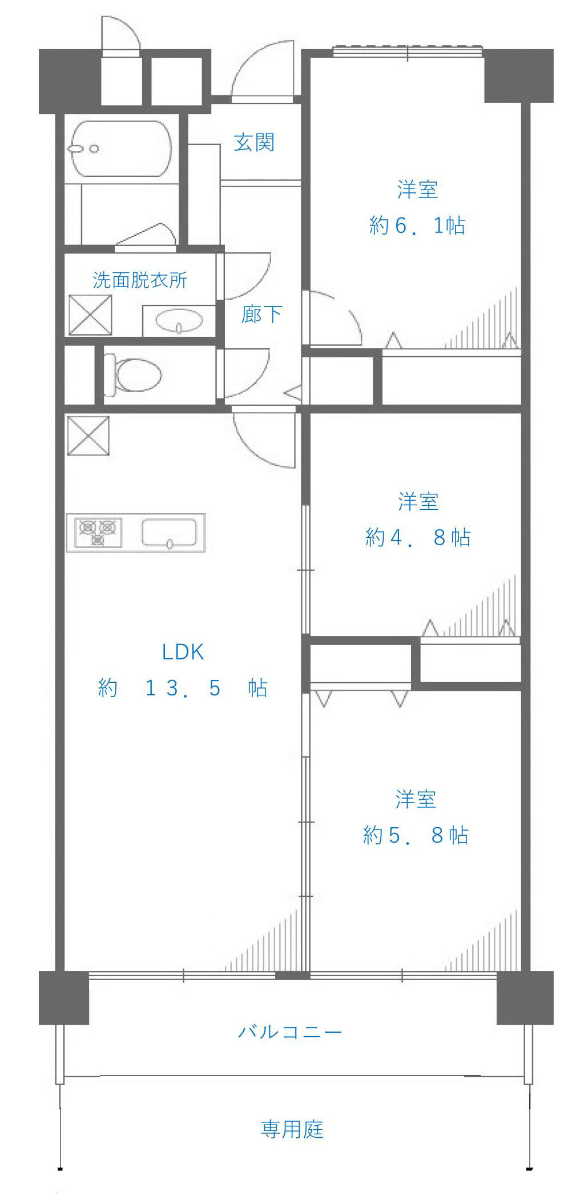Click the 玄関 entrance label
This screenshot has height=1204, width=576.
click(x=254, y=142)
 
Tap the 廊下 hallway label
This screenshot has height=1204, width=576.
click(x=261, y=315)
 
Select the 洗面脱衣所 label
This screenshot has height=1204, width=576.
click(x=140, y=280)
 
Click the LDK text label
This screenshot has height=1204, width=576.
click(x=183, y=652)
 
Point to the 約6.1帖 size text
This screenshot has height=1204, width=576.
click(x=417, y=226)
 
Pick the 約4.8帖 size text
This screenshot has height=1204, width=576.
click(x=417, y=537)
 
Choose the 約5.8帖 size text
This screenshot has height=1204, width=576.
click(x=416, y=835)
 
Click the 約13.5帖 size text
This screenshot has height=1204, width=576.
click(x=183, y=688)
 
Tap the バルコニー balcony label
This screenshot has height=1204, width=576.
click(x=290, y=1032)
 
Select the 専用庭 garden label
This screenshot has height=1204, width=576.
click(x=292, y=1129)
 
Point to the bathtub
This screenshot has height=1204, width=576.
click(x=121, y=149)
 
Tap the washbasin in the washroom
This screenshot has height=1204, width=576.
click(x=179, y=321)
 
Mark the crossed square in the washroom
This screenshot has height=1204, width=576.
click(x=90, y=315)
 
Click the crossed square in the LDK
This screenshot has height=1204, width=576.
click(x=88, y=436)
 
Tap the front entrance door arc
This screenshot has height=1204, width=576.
click(x=263, y=71)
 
